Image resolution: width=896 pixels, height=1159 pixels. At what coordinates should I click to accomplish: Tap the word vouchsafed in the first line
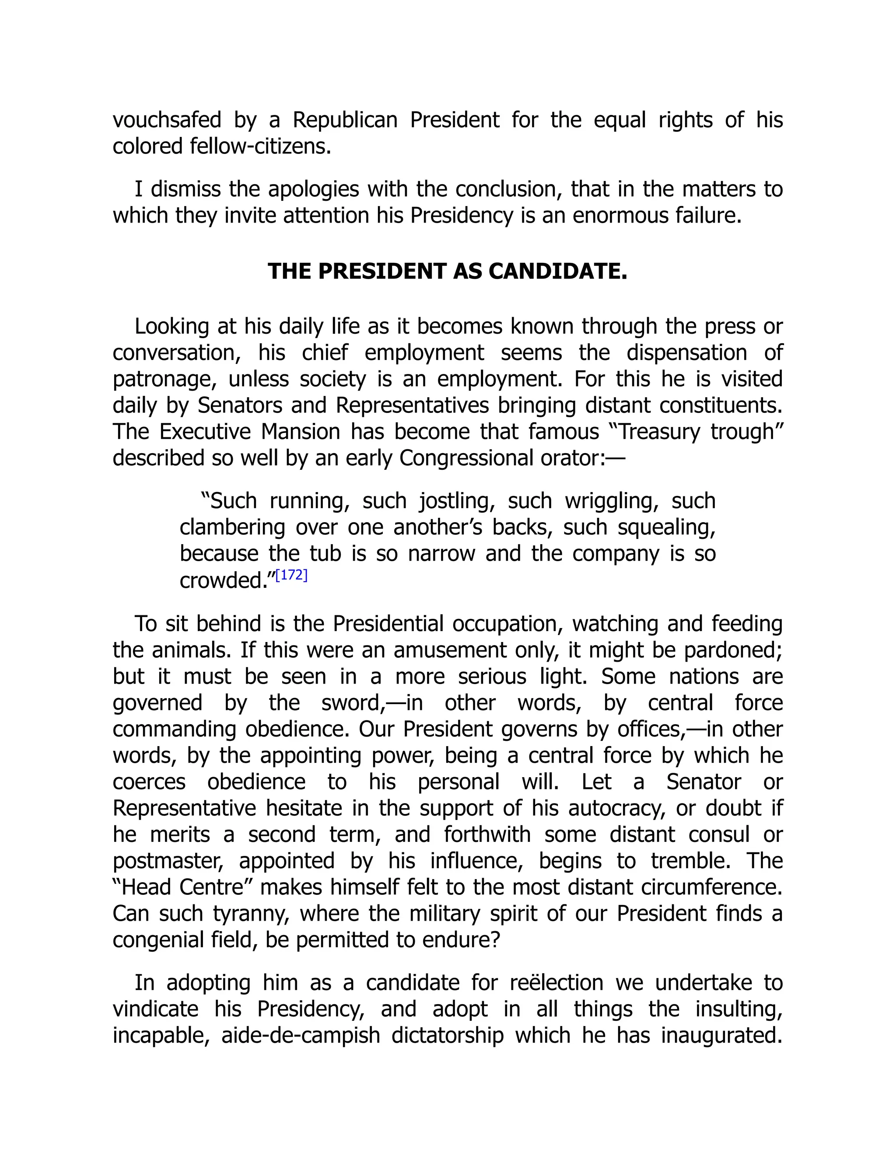pyautogui.click(x=167, y=120)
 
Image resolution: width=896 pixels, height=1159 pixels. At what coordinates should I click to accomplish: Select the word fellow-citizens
pyautogui.click(x=260, y=147)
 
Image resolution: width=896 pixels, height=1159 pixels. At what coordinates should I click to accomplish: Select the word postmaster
pyautogui.click(x=169, y=861)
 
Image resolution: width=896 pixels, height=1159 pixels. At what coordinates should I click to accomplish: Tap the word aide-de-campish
pyautogui.click(x=301, y=1035)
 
